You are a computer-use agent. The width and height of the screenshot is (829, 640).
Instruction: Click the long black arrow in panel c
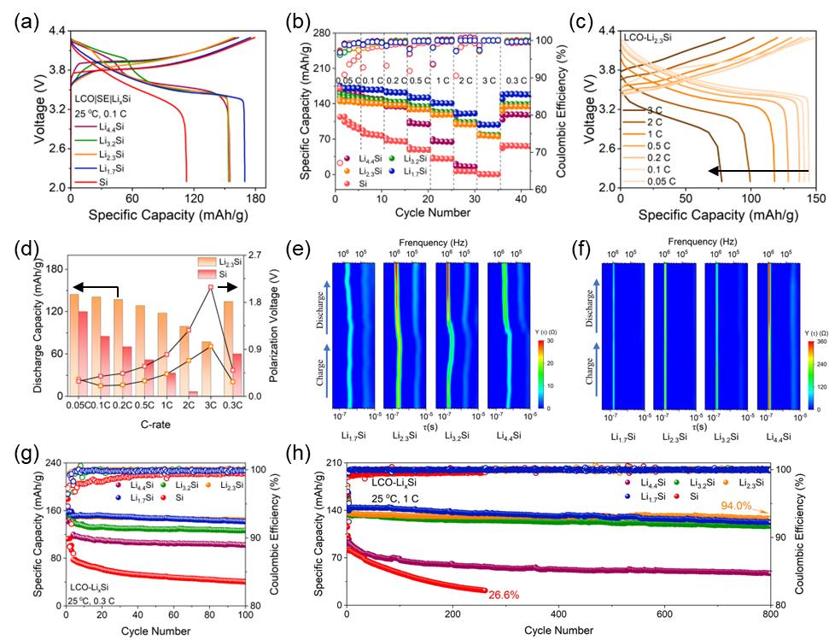759,173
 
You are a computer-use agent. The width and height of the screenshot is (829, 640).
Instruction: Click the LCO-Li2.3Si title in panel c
652,38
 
